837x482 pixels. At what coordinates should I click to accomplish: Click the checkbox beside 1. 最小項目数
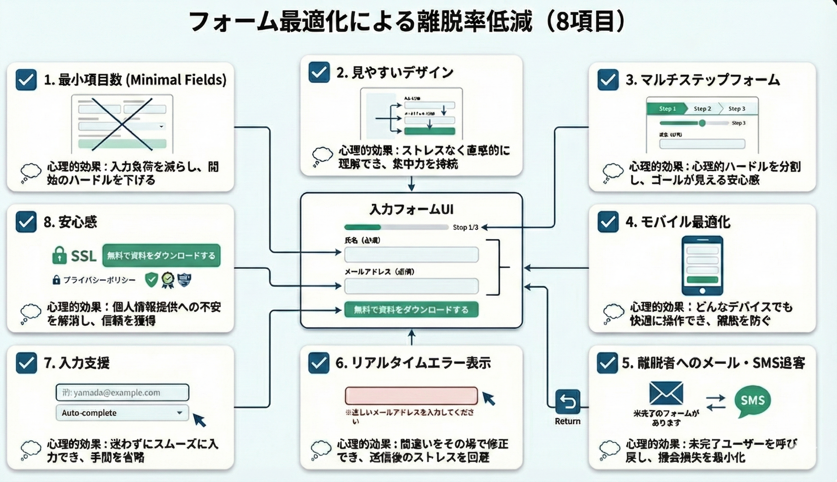pos(26,80)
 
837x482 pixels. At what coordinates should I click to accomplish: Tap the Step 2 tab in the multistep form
pos(702,109)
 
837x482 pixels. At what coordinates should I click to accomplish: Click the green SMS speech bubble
pos(752,401)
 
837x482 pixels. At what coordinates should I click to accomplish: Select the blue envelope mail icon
pos(666,393)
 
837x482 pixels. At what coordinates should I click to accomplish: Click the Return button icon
pos(568,402)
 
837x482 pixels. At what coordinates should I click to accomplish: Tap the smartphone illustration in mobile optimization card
pos(702,265)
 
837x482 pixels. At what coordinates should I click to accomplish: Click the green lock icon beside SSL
pos(59,256)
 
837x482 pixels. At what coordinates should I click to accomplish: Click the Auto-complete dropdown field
pos(122,413)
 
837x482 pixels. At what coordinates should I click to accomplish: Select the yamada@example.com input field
pos(122,392)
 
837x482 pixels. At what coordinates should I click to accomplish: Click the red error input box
pos(411,396)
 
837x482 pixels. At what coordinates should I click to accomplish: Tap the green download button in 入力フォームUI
pos(411,310)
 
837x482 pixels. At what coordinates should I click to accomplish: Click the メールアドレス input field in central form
pos(411,286)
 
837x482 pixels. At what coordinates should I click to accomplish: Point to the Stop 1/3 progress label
pos(465,227)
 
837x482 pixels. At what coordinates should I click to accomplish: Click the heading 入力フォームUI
pos(411,209)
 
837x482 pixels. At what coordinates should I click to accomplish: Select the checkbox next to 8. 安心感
pos(26,222)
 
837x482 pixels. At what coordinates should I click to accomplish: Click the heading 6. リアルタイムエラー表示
pos(413,363)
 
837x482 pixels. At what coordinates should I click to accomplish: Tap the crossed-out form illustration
pos(122,124)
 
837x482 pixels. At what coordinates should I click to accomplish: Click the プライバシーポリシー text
pos(99,280)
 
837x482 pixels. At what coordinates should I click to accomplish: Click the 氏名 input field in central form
pos(411,255)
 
